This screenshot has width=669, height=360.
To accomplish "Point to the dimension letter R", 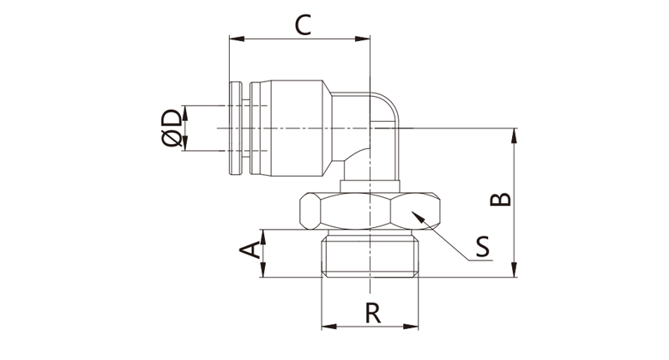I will [x=371, y=314].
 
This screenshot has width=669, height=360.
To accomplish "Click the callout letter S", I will [x=483, y=248].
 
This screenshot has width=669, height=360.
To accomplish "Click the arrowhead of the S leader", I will [x=415, y=216].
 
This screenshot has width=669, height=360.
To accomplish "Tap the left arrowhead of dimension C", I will [x=233, y=39].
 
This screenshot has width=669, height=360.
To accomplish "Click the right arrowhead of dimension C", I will [x=366, y=39].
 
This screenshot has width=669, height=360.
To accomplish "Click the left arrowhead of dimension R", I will [x=326, y=327].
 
